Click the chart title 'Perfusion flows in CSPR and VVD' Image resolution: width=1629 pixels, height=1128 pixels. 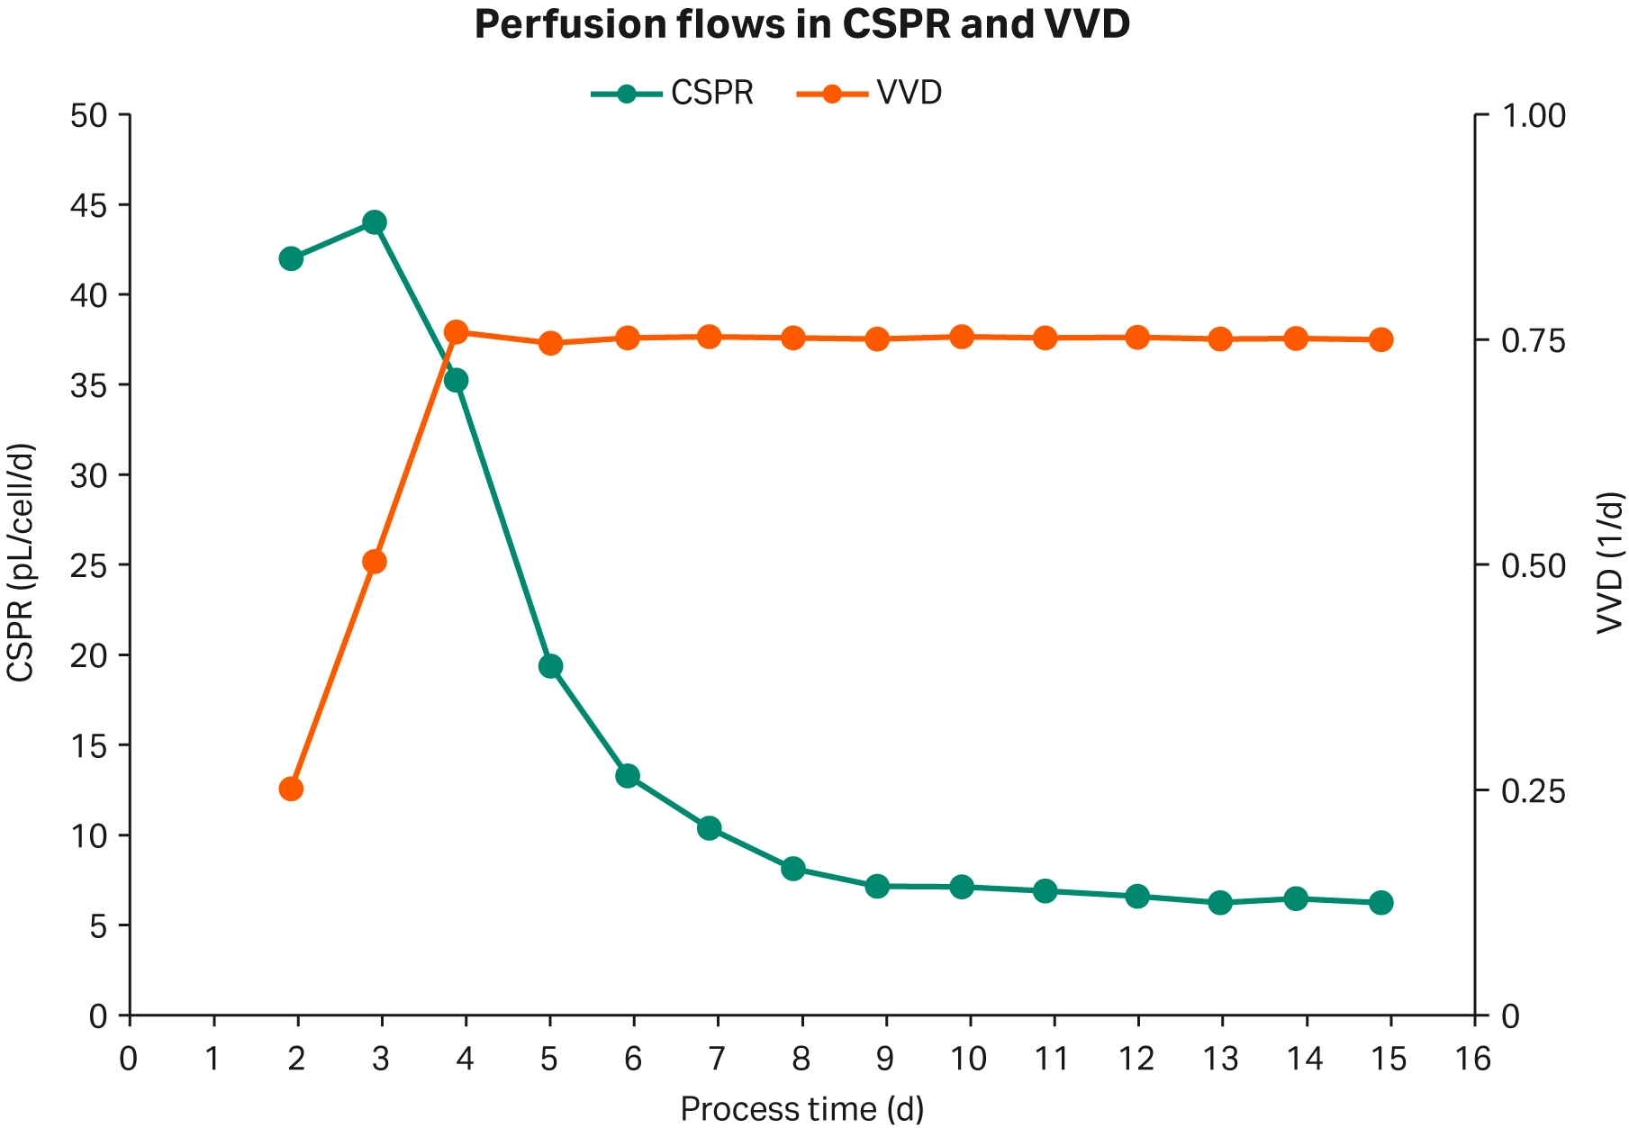coord(801,25)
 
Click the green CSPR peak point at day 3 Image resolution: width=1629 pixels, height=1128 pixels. coord(375,222)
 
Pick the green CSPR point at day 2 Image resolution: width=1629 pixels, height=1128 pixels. coord(291,259)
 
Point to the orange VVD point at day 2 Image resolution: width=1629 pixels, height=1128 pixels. coord(291,790)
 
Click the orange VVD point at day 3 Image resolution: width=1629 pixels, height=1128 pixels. coord(375,563)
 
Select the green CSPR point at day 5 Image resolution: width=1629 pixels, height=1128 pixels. coord(551,667)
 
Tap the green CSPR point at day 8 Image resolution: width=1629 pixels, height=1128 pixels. coord(793,869)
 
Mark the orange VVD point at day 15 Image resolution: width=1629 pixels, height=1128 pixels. coord(1381,340)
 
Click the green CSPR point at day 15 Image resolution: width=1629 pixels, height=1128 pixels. coord(1381,903)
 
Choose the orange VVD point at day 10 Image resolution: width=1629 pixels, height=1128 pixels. coord(962,338)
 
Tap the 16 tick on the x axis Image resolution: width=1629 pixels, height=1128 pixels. coord(1473,1060)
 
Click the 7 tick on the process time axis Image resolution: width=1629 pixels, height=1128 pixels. coord(716,1060)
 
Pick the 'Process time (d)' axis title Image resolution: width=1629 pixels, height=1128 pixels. coord(801,1109)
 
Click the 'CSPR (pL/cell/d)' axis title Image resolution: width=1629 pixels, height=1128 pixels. coord(22,563)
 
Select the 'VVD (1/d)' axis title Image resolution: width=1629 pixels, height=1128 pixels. coord(1610,563)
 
